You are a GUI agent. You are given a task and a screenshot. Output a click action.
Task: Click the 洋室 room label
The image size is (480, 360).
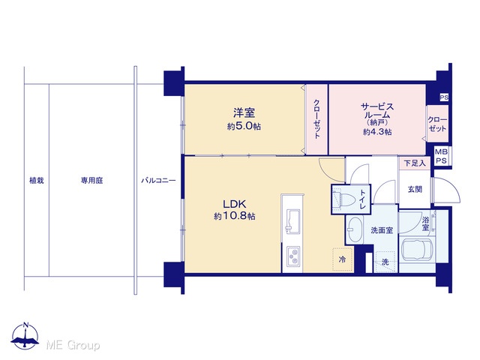[x=244, y=113]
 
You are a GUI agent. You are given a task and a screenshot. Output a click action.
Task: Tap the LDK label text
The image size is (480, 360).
[x=234, y=204]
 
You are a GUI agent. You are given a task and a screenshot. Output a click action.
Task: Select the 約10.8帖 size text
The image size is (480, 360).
[x=235, y=217]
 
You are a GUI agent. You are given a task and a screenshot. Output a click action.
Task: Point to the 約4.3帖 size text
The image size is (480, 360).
[x=377, y=132]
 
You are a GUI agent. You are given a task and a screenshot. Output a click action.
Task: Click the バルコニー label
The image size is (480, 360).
[x=158, y=181]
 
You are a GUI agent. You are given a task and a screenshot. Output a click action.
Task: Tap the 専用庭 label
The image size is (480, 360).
[x=91, y=181]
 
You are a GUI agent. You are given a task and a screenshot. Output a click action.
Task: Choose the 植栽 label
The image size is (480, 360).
[x=37, y=181]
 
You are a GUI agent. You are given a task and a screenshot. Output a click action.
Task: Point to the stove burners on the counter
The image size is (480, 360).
[x=293, y=256]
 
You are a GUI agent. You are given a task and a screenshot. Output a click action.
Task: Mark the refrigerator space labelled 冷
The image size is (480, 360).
[x=343, y=259]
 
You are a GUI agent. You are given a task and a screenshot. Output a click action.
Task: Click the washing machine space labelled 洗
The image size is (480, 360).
[x=385, y=262]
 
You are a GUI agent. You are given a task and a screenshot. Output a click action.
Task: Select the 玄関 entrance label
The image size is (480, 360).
[x=415, y=190]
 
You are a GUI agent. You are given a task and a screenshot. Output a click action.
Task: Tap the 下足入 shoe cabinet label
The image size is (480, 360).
[x=415, y=163]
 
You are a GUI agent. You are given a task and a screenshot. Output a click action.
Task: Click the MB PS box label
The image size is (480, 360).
[x=442, y=156]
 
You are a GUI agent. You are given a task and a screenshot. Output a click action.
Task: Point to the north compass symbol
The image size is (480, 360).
[x=25, y=336]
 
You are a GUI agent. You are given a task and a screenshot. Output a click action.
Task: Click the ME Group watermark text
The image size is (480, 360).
[x=73, y=345]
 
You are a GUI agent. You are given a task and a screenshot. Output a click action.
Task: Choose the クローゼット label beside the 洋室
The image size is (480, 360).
[x=316, y=119]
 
